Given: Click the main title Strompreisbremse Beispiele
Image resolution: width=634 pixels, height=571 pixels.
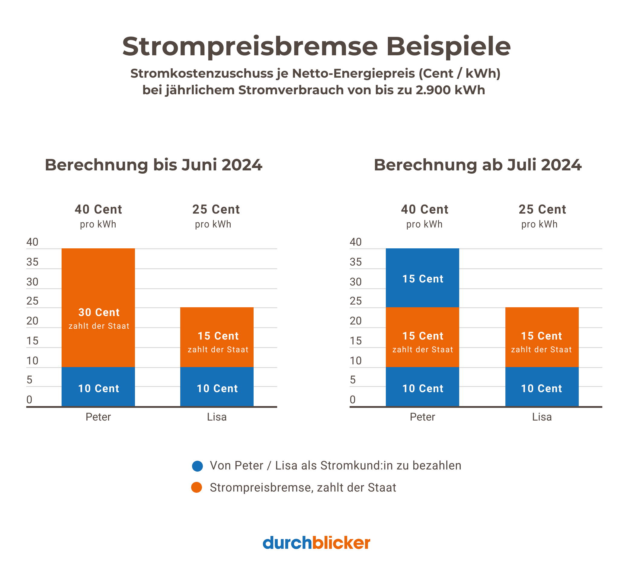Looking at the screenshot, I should pyautogui.click(x=316, y=47).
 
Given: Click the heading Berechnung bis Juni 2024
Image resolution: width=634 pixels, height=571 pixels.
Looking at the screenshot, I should pyautogui.click(x=153, y=165).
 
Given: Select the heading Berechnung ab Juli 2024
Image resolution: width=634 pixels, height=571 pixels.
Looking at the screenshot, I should pyautogui.click(x=477, y=165).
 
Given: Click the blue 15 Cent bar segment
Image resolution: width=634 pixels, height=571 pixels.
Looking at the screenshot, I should pyautogui.click(x=422, y=278).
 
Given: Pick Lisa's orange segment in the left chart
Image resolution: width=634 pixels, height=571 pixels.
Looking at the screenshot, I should pyautogui.click(x=217, y=337).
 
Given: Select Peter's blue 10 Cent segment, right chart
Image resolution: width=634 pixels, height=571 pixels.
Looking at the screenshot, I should pyautogui.click(x=422, y=386).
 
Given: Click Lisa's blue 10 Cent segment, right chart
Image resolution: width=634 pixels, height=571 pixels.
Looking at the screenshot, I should pyautogui.click(x=542, y=386).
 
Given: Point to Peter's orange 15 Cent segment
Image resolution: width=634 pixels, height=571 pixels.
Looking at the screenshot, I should pyautogui.click(x=422, y=337).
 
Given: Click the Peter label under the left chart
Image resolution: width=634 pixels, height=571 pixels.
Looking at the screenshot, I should pyautogui.click(x=98, y=417).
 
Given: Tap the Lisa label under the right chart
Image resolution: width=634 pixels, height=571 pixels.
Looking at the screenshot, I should pyautogui.click(x=542, y=417).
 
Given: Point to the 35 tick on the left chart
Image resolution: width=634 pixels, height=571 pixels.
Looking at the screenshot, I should pyautogui.click(x=32, y=262).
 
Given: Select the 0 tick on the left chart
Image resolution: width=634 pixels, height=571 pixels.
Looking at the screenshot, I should pyautogui.click(x=30, y=400).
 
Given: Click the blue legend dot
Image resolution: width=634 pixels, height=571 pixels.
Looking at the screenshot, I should pyautogui.click(x=197, y=466).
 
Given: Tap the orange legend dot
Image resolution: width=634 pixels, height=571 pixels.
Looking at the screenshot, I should pyautogui.click(x=197, y=487).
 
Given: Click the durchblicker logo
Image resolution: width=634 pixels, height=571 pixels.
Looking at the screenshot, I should pyautogui.click(x=316, y=543).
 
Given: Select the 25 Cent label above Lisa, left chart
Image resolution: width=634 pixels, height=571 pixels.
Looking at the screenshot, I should pyautogui.click(x=216, y=210).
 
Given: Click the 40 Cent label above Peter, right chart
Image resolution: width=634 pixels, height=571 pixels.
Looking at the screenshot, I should pyautogui.click(x=424, y=210).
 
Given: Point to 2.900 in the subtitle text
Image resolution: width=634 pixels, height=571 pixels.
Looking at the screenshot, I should pyautogui.click(x=433, y=90).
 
